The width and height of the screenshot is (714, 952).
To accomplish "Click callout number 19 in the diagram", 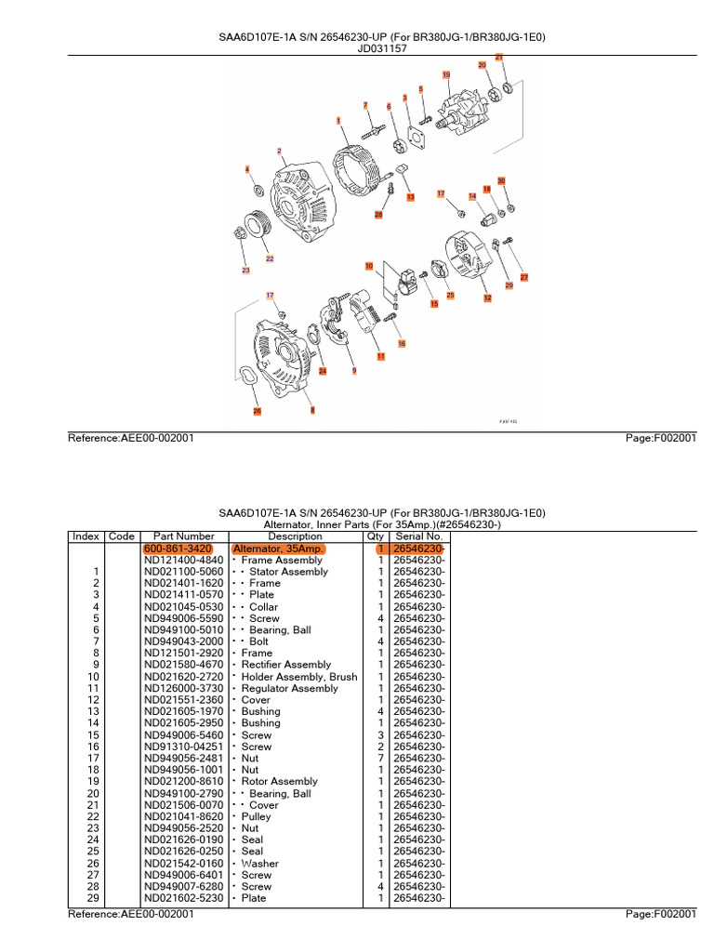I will [x=446, y=74].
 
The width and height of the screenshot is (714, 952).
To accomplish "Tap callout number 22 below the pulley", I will [x=270, y=258].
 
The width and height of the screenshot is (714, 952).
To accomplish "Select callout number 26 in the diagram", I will [x=258, y=410].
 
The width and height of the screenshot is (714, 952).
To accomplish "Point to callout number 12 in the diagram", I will [x=487, y=297].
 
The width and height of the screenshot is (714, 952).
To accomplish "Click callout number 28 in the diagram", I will [x=378, y=215].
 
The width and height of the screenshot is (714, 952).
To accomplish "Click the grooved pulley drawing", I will [x=253, y=228].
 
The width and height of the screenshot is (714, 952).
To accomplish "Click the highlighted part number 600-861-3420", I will [x=178, y=549].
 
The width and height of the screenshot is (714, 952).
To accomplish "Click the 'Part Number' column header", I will [x=184, y=536].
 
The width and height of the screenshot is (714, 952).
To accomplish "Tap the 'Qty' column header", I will [x=376, y=536].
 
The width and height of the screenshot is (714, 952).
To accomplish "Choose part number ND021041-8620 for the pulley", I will [x=184, y=816].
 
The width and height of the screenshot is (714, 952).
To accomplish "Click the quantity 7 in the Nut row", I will [x=381, y=759].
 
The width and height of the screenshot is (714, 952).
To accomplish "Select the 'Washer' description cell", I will [x=259, y=863].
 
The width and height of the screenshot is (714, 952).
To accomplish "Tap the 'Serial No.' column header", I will [x=418, y=536].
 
